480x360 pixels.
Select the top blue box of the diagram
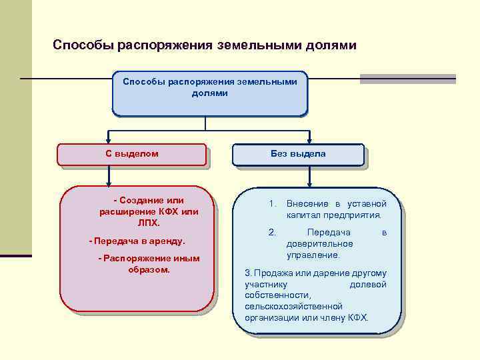(x=209, y=93)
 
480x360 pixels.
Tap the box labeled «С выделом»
(x=131, y=154)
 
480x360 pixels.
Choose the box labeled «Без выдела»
(x=298, y=154)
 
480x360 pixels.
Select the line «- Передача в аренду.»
(x=137, y=240)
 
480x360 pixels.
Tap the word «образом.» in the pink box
(x=149, y=270)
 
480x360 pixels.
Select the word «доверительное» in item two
(x=320, y=244)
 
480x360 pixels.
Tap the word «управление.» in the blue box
(x=313, y=255)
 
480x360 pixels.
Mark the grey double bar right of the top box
(x=407, y=79)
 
